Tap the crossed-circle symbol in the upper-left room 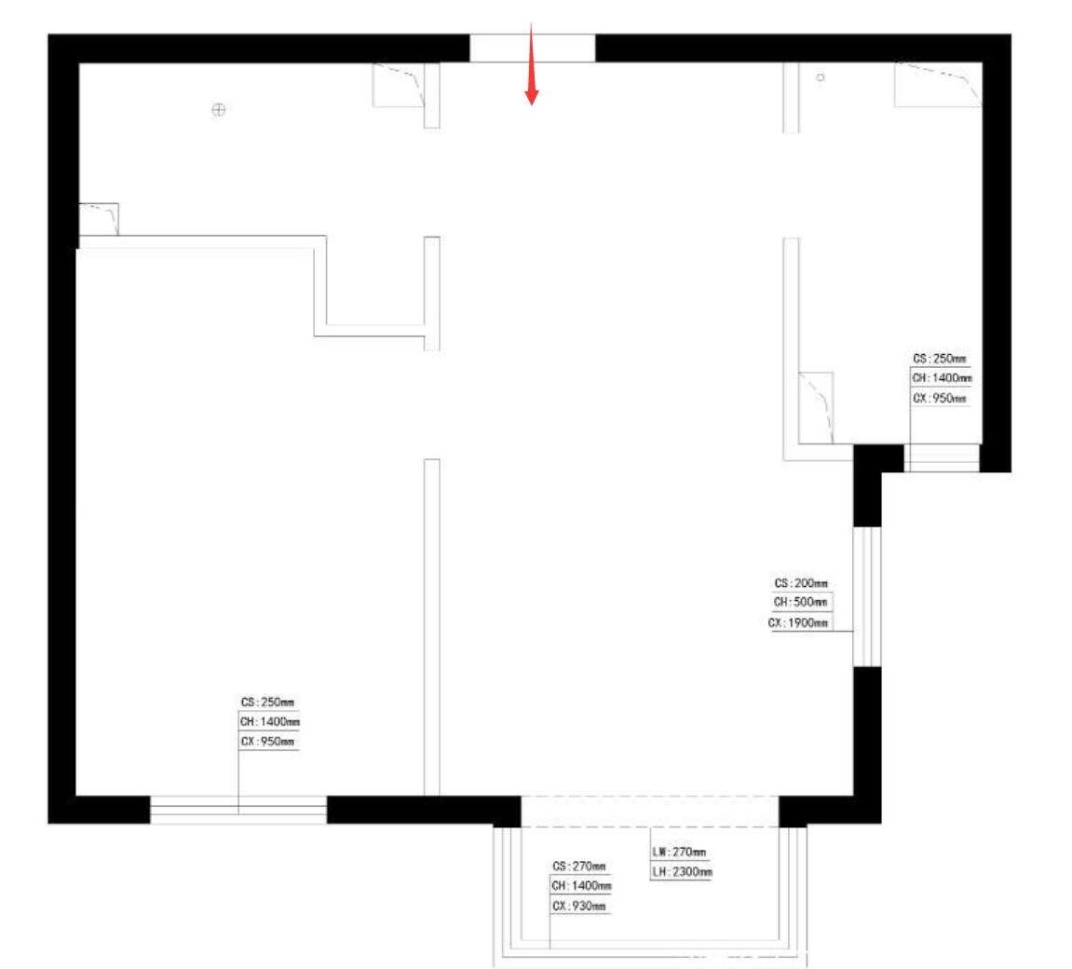(218, 109)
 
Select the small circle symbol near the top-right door (820, 78)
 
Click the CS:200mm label (801, 583)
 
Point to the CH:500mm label (800, 603)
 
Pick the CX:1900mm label (797, 623)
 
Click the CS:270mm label (579, 867)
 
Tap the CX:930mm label (579, 906)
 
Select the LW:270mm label (679, 852)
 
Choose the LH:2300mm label (682, 872)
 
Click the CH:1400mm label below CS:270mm (581, 886)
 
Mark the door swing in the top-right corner (938, 84)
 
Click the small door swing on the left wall (99, 219)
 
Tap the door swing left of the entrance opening (399, 85)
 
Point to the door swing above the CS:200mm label (816, 407)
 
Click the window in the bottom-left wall (237, 810)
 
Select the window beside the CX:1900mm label (867, 596)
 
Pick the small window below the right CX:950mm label (943, 458)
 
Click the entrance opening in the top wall (532, 48)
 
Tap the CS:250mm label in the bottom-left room (267, 703)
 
